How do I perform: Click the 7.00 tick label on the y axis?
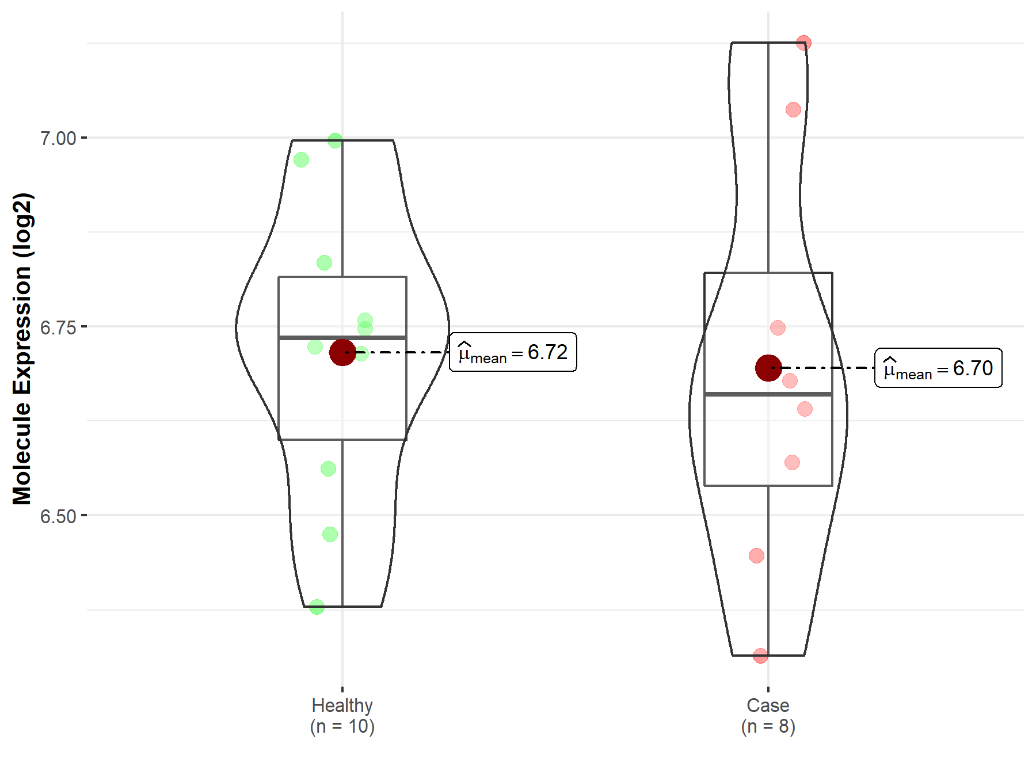(58, 138)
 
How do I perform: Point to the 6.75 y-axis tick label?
(58, 327)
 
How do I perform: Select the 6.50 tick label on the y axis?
(58, 516)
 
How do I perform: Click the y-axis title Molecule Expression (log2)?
(22, 349)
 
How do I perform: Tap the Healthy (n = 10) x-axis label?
(342, 715)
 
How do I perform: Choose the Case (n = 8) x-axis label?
(768, 715)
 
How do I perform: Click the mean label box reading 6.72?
(513, 352)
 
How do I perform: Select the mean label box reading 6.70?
(938, 368)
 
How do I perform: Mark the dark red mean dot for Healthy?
(342, 352)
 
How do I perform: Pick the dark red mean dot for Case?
(768, 368)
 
